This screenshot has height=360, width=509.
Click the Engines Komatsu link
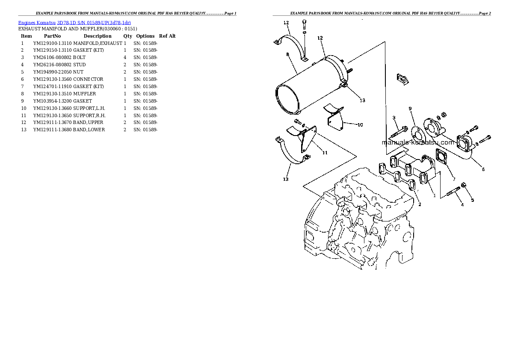[x=37, y=23]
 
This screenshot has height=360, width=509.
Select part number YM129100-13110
[x=52, y=43]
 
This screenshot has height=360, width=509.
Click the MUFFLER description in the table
[x=84, y=94]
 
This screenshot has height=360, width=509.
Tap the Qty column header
[x=127, y=36]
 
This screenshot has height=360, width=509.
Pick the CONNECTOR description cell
[x=88, y=79]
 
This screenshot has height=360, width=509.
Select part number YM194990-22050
[x=52, y=72]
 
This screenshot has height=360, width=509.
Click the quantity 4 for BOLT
[x=125, y=57]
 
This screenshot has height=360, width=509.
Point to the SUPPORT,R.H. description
[x=89, y=115]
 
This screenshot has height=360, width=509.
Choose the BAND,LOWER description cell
[x=89, y=130]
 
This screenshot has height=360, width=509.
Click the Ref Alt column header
[x=167, y=36]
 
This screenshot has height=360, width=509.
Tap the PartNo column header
[x=52, y=36]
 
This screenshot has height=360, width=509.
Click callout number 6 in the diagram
[x=483, y=169]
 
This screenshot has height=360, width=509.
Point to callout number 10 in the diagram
[x=360, y=125]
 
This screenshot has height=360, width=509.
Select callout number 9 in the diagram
[x=410, y=109]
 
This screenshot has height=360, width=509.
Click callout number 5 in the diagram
[x=472, y=200]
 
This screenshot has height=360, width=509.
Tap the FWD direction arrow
[x=402, y=80]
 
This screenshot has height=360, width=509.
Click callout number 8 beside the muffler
[x=287, y=55]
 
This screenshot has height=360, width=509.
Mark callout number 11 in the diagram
[x=325, y=153]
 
